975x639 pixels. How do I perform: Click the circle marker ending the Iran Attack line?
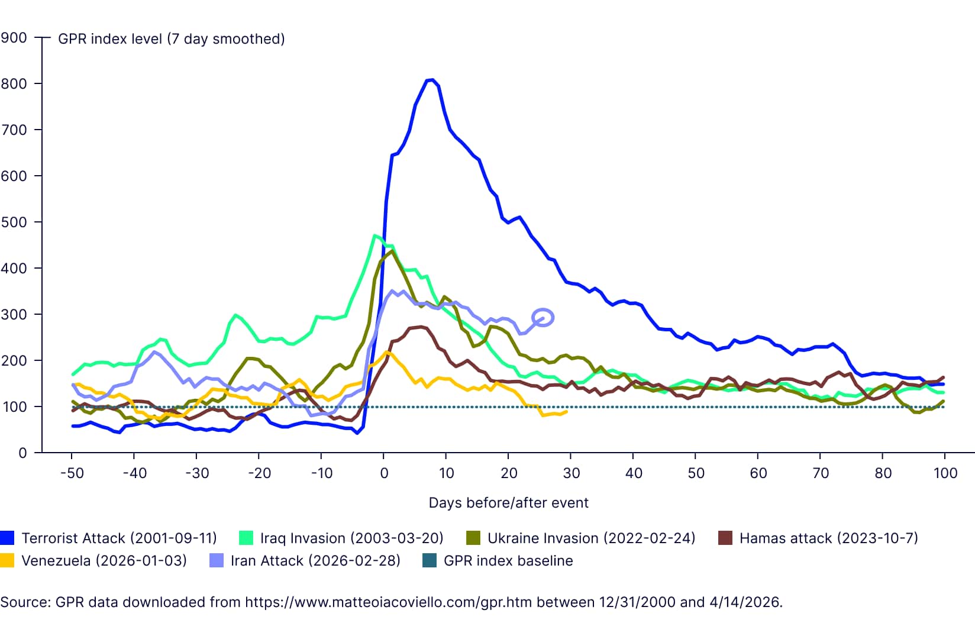point(543,318)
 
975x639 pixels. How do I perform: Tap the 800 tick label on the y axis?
point(14,83)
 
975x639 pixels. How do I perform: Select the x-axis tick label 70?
point(820,473)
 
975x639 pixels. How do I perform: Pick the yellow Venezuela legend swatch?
point(7,561)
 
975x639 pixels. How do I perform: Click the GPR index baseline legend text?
point(508,561)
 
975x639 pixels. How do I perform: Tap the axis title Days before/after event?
point(508,503)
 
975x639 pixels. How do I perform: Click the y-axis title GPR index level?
point(171,39)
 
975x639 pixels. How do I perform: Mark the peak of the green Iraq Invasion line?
point(374,235)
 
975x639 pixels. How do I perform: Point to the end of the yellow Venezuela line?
point(566,411)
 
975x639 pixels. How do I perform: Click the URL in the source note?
point(388,602)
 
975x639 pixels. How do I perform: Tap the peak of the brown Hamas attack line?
point(420,327)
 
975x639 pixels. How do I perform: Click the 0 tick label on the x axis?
point(384,473)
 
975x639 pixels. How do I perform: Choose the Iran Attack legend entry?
point(315,561)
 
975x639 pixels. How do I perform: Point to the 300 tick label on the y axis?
point(14,314)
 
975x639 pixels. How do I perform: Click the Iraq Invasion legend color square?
point(246,538)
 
